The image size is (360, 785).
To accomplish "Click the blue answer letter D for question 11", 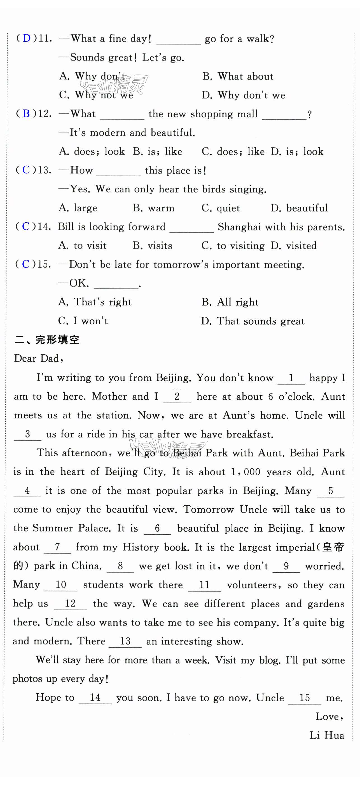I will point(27,38).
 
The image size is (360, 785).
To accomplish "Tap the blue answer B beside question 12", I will point(27,114).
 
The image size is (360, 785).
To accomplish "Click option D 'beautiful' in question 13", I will point(299,208).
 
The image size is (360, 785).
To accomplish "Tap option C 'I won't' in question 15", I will point(83,321).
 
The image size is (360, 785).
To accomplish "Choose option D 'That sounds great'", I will point(253,321).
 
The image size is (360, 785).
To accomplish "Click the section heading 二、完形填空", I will point(46,339).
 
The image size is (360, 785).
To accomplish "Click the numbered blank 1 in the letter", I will point(291,378).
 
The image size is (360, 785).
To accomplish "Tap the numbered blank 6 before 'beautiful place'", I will point(157,528).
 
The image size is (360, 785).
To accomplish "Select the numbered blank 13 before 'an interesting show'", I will point(125,641).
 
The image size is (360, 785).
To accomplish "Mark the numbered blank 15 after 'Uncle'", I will point(305,698).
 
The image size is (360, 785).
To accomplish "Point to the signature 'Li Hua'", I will point(327,735).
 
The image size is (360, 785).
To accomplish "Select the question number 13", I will point(45,170).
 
